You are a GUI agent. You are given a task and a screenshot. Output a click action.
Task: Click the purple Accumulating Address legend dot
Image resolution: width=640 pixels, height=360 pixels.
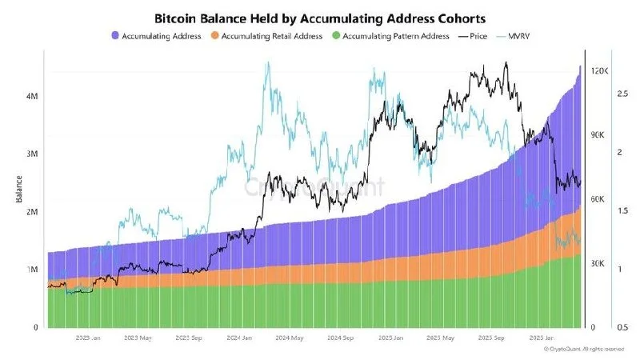[116, 36]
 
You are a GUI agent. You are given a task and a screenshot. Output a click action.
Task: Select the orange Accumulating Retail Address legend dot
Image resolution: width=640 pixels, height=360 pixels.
[214, 36]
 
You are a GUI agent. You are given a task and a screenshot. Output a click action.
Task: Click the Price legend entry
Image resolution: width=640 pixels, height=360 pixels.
[473, 36]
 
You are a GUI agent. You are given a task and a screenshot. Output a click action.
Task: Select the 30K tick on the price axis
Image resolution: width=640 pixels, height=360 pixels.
[596, 263]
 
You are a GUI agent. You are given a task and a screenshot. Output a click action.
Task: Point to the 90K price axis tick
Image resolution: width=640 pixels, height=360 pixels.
[596, 135]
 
